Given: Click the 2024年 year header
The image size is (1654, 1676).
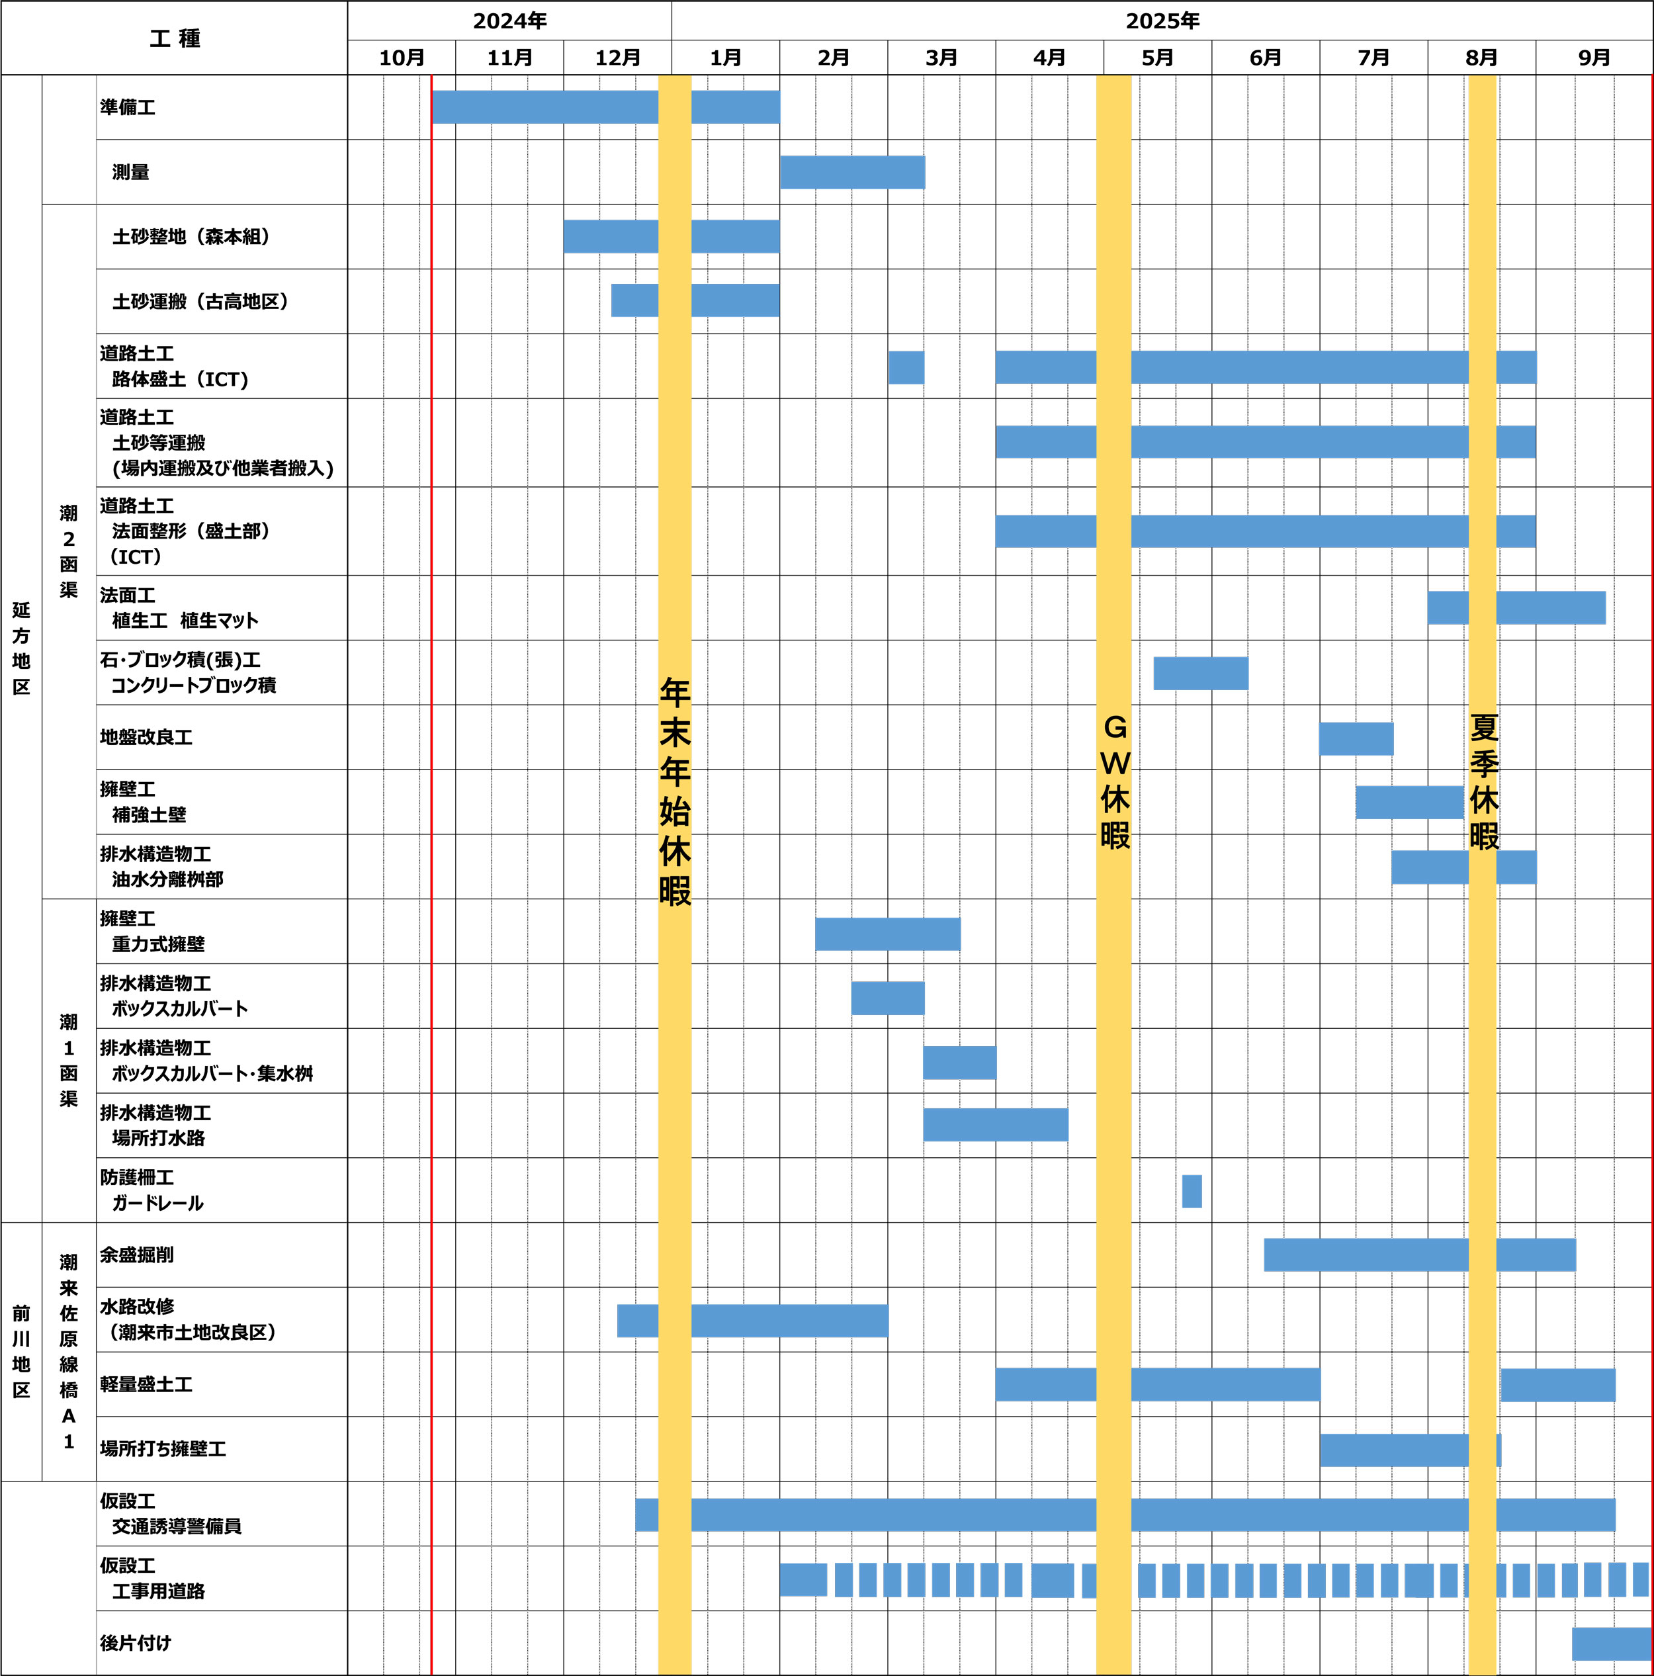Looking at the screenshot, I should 509,21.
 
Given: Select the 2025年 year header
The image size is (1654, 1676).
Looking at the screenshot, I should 1162,21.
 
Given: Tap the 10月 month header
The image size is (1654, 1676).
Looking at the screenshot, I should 402,58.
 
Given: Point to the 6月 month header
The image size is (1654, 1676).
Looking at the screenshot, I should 1266,58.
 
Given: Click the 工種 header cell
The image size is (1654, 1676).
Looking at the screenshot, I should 175,38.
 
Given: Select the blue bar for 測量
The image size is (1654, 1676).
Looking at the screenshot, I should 853,172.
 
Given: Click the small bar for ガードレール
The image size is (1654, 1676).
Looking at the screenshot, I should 1192,1191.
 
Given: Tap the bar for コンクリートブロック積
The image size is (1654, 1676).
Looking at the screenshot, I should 1200,673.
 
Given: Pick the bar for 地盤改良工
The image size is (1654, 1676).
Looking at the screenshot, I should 1356,738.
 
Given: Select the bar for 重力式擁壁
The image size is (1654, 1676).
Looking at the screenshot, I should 887,934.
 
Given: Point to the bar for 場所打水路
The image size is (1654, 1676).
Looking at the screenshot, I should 996,1125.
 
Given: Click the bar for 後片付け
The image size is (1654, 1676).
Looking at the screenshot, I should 1610,1644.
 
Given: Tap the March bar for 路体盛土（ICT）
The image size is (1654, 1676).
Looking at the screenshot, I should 906,367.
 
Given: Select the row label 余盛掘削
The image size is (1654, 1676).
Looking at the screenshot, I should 136,1255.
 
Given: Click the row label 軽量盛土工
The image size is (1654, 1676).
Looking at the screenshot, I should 146,1384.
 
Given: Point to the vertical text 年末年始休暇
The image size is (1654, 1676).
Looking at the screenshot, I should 675,791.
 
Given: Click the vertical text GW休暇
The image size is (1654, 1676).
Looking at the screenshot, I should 1115,781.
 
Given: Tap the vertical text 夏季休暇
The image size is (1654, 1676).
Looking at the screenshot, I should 1484,781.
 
